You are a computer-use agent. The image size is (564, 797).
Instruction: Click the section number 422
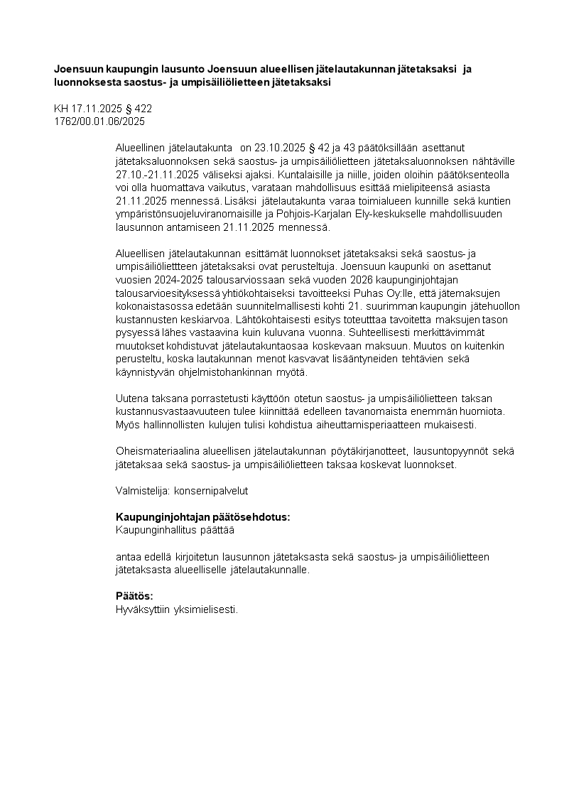[x=143, y=109]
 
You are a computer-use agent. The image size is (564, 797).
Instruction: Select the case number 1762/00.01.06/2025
[x=99, y=121]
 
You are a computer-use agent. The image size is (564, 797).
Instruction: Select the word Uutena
[x=131, y=398]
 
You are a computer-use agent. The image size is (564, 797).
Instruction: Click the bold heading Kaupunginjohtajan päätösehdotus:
[x=202, y=517]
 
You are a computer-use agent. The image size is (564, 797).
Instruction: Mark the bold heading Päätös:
[x=134, y=596]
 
